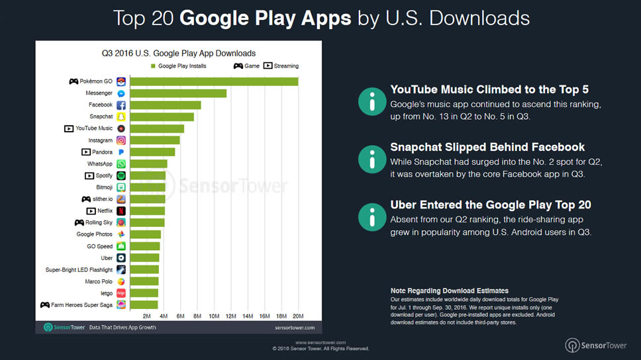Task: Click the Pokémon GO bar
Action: click(x=213, y=81)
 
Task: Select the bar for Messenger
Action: click(x=178, y=93)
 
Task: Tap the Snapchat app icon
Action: click(x=121, y=117)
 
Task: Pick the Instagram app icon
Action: click(x=121, y=140)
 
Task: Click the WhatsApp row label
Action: click(x=100, y=164)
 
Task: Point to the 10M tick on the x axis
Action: click(x=214, y=316)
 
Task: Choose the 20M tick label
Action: click(x=298, y=316)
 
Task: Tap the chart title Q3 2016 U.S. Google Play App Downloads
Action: click(x=178, y=53)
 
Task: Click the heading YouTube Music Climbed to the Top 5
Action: click(x=489, y=89)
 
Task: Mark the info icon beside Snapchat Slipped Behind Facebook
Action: click(x=371, y=159)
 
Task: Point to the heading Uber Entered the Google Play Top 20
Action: click(x=491, y=205)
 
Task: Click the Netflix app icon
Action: click(x=121, y=211)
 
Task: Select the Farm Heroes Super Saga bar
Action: click(x=144, y=304)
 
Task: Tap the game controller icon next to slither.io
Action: click(x=86, y=199)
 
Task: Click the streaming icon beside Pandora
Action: click(x=86, y=152)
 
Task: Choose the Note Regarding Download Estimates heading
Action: click(x=450, y=291)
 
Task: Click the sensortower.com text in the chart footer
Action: click(x=294, y=328)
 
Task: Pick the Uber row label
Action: click(x=107, y=258)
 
